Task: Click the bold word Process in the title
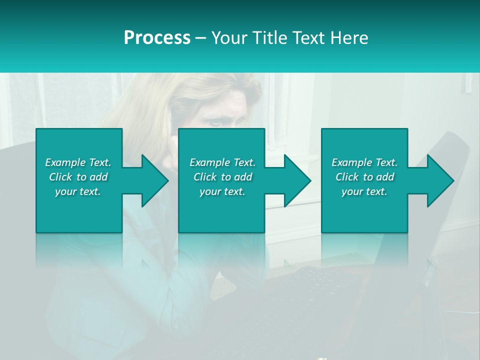point(157,38)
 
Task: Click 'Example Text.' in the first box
point(78,162)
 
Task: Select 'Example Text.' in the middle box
point(222,162)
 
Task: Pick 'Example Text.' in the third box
point(364,162)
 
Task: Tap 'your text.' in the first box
point(78,191)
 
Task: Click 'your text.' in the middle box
point(222,191)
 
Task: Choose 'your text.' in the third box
point(364,191)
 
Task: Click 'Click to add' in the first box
point(78,177)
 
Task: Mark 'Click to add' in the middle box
point(222,177)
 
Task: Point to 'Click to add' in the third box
point(364,177)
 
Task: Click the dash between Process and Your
point(200,38)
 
